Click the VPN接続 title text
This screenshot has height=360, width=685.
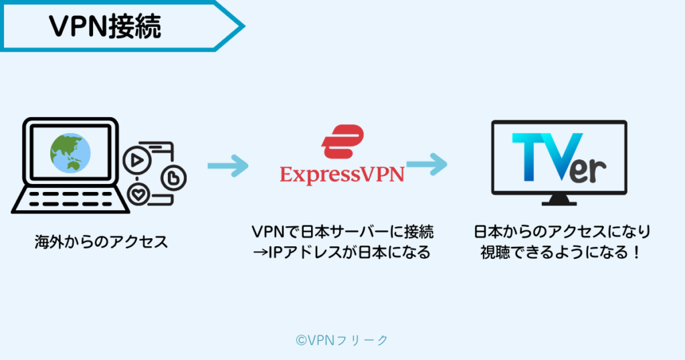click(105, 27)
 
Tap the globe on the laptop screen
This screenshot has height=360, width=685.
click(70, 153)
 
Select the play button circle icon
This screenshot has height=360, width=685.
click(136, 161)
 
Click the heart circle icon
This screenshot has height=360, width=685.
click(138, 195)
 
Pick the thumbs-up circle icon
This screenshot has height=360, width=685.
click(173, 178)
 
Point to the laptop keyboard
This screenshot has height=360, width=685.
click(70, 199)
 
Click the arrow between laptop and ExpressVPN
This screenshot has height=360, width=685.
click(228, 166)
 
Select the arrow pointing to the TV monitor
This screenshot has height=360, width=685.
click(427, 164)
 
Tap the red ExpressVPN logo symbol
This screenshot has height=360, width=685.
click(342, 142)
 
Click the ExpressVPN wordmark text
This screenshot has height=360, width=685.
click(342, 175)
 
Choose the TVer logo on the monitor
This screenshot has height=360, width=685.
click(559, 157)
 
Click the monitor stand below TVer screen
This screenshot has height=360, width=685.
click(559, 200)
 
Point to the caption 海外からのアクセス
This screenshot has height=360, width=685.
click(102, 242)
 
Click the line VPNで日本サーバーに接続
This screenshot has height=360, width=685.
click(342, 232)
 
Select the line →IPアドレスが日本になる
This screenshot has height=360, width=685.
click(342, 252)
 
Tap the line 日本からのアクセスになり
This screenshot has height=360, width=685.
click(562, 232)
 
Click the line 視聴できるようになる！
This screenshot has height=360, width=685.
click(561, 252)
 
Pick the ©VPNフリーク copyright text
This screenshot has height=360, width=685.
click(342, 340)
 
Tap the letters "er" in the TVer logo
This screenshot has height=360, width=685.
click(588, 169)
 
